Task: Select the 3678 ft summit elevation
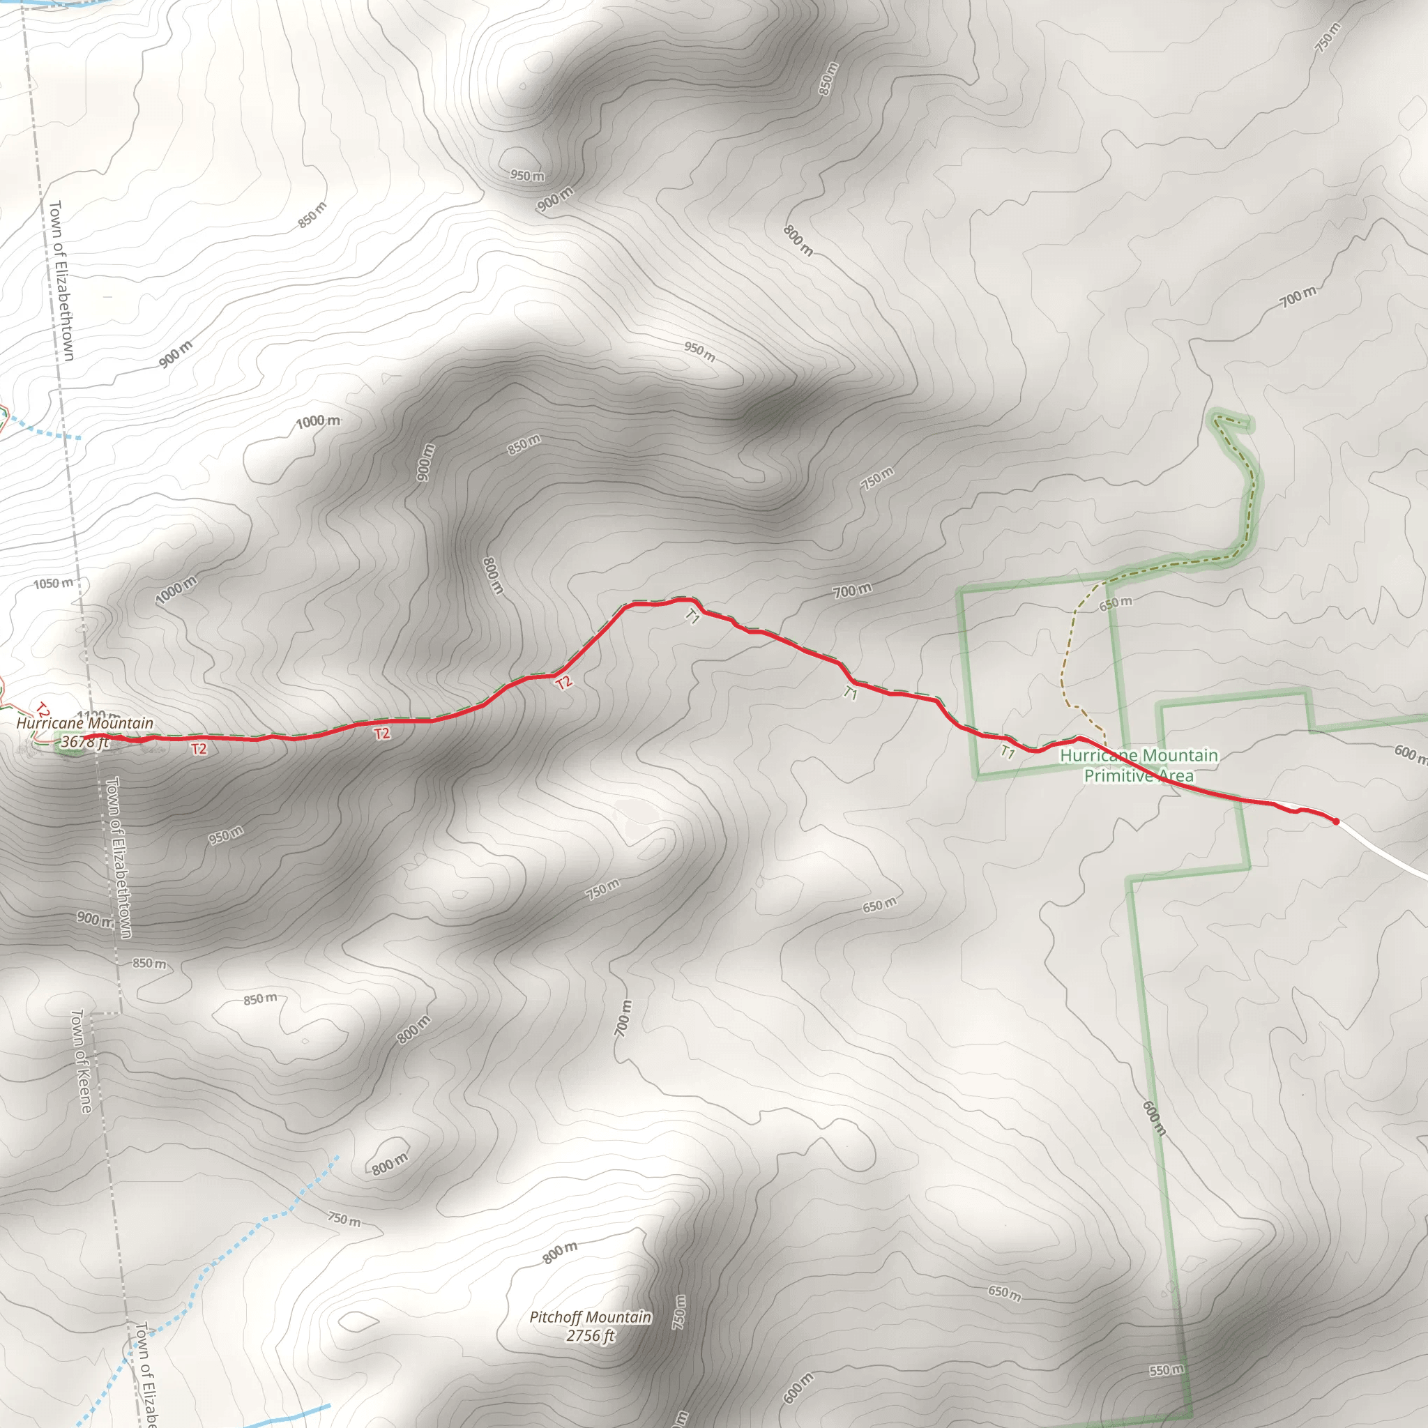(x=84, y=741)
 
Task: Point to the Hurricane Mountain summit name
(x=85, y=723)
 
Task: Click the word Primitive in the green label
(x=1118, y=775)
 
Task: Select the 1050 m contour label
(x=53, y=583)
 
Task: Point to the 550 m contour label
(x=1167, y=1369)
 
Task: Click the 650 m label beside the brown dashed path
(x=1116, y=603)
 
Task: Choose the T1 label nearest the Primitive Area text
(x=1008, y=752)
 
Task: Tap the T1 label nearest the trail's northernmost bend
(x=692, y=616)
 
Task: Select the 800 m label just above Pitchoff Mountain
(x=559, y=1252)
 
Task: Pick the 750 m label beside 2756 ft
(x=678, y=1312)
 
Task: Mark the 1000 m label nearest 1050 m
(x=176, y=589)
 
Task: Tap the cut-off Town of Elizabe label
(x=147, y=1375)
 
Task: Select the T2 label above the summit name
(x=43, y=711)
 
